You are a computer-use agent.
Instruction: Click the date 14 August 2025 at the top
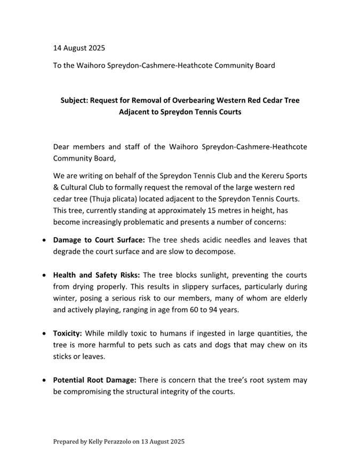point(79,48)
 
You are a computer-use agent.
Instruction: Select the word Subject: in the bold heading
point(77,100)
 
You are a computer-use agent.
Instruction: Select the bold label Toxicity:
point(68,334)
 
